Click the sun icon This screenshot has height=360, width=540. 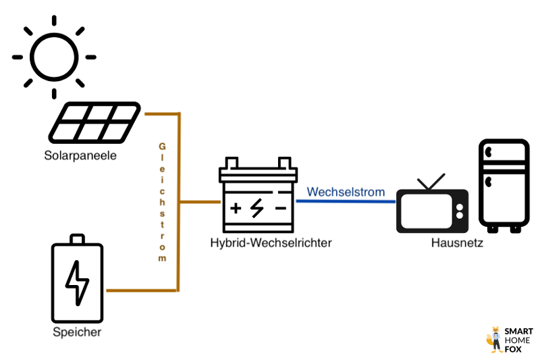[54, 56]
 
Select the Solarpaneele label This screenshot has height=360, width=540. [80, 156]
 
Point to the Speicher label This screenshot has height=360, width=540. [77, 332]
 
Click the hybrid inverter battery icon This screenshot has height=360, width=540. [258, 194]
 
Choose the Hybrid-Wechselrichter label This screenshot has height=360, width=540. [271, 242]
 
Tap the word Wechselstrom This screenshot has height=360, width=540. [346, 192]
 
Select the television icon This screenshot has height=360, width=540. [431, 207]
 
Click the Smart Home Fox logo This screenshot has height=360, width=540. [510, 340]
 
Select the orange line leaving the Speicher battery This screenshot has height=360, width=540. [142, 291]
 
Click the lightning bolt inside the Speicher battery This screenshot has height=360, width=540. [78, 281]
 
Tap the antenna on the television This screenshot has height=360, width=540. [431, 182]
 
